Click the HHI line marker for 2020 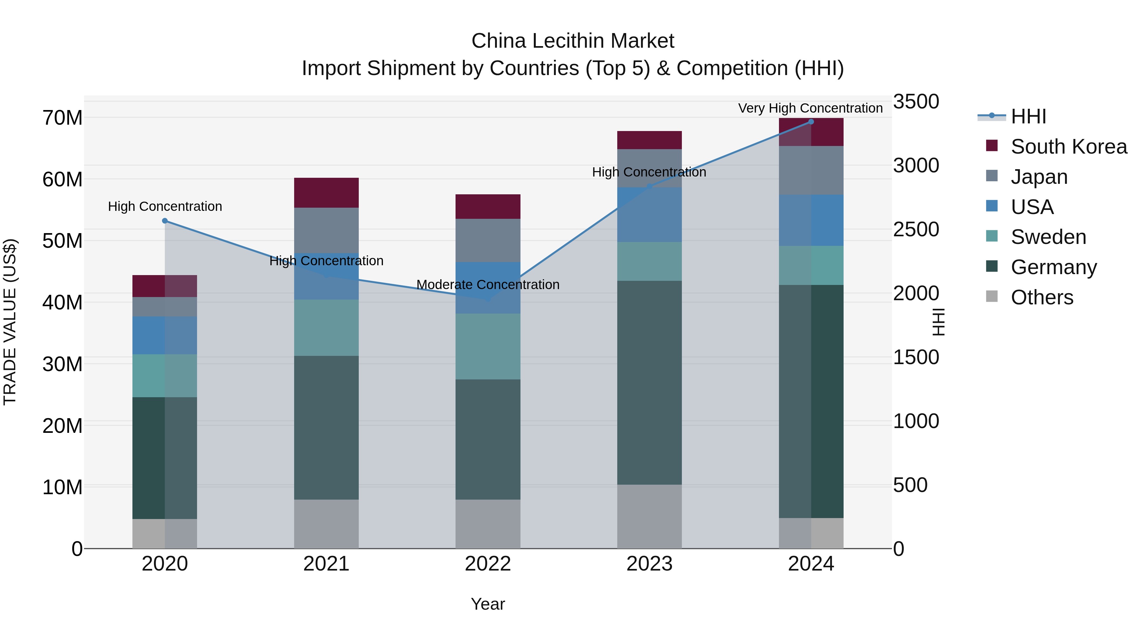point(165,221)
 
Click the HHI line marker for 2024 point(811,122)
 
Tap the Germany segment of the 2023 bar point(649,382)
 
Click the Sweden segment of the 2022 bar point(488,346)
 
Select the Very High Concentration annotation point(810,108)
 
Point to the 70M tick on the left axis point(62,118)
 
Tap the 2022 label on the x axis point(488,564)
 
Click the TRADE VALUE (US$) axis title point(10,322)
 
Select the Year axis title point(488,604)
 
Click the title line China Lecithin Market point(573,41)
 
